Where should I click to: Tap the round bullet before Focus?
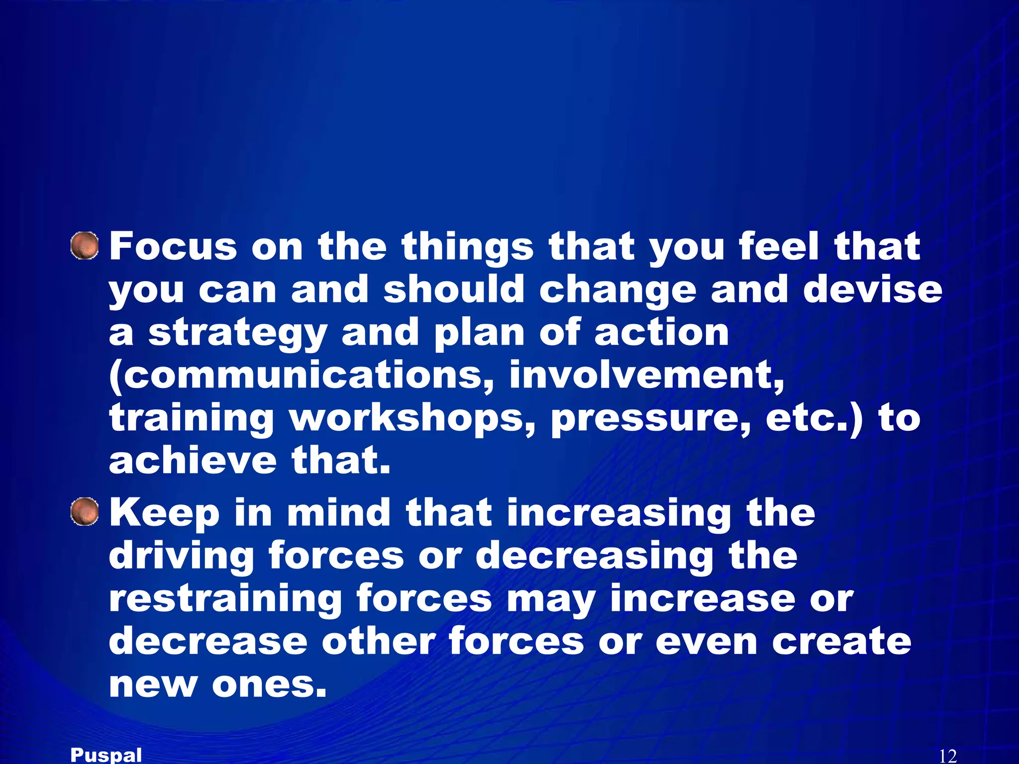point(85,246)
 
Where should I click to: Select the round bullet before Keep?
point(85,512)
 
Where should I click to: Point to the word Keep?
point(164,513)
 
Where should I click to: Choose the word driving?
point(181,557)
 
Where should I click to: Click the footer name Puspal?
point(106,755)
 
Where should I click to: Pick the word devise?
point(873,289)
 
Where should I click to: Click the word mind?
point(339,513)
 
